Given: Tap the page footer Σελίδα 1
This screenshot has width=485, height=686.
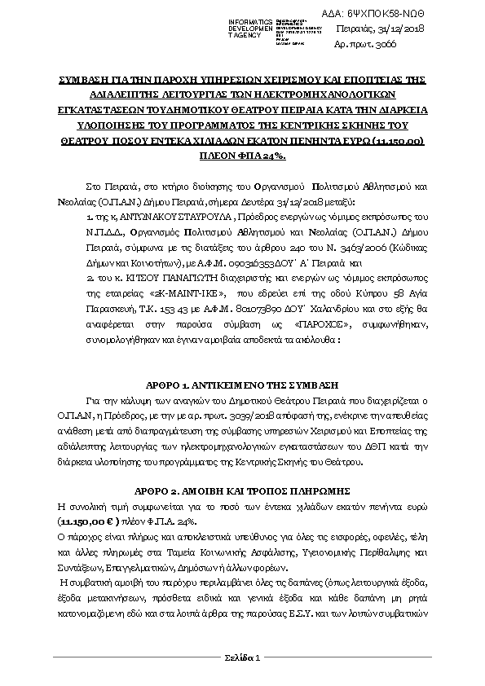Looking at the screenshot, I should coord(242,657).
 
